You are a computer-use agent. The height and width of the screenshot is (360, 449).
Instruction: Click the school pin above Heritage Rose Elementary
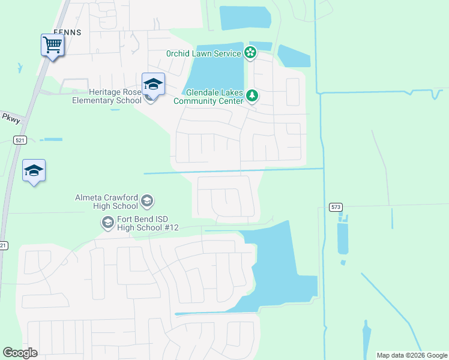coord(153,85)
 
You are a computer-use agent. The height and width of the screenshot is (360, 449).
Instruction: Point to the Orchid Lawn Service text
coord(203,53)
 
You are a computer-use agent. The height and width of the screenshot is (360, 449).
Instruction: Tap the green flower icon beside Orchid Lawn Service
coord(250,53)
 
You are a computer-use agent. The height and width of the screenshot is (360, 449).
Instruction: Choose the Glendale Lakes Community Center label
coord(209,97)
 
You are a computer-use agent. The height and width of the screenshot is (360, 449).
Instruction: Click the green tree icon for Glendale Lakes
coord(253,95)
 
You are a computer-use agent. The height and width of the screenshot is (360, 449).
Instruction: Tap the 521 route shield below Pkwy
coord(21,140)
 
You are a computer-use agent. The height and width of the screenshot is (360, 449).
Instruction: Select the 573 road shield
coord(336,207)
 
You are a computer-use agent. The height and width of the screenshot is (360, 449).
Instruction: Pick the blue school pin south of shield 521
coord(34,172)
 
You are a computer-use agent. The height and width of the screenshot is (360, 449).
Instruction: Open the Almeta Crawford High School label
coord(107,202)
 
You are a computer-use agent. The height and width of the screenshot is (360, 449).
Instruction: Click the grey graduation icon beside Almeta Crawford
coord(148,201)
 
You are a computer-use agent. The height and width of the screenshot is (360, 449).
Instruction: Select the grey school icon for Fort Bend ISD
coord(107,223)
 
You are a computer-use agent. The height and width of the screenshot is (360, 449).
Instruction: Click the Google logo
coord(20,353)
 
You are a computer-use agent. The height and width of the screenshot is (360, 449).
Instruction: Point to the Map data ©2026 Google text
coord(411,355)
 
